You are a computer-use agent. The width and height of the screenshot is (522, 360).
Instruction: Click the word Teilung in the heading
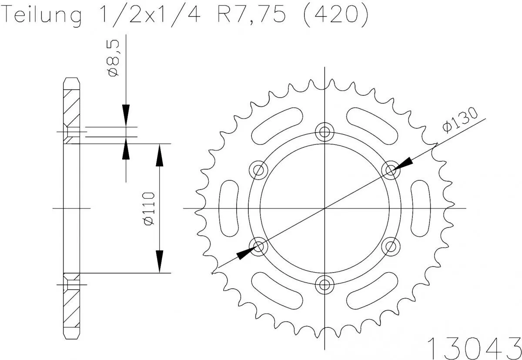(x=43, y=16)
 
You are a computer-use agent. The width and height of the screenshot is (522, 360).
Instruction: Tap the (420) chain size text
(x=332, y=16)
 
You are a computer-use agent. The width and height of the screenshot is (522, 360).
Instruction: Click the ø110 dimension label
(x=148, y=208)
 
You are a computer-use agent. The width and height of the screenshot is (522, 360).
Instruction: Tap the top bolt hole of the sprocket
(x=324, y=130)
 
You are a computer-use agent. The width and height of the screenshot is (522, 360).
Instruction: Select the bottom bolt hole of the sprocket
(x=324, y=285)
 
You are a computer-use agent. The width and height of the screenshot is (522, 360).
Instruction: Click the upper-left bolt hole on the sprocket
(x=257, y=170)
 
